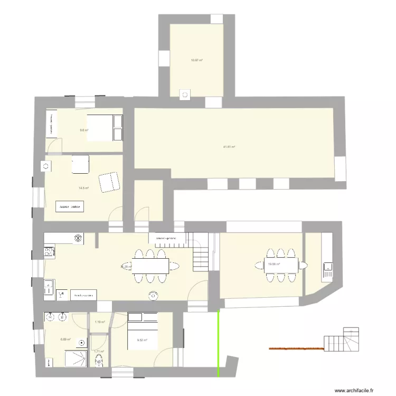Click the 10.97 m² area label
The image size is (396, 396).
197,60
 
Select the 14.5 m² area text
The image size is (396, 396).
84,187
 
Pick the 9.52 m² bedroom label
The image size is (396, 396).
142,340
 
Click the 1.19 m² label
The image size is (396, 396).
99,322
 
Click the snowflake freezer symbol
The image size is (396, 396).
78,238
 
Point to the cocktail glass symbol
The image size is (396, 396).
60,294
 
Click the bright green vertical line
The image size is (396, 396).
219,343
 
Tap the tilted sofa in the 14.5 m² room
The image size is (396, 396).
110,182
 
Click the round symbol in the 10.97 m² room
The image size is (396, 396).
185,95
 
